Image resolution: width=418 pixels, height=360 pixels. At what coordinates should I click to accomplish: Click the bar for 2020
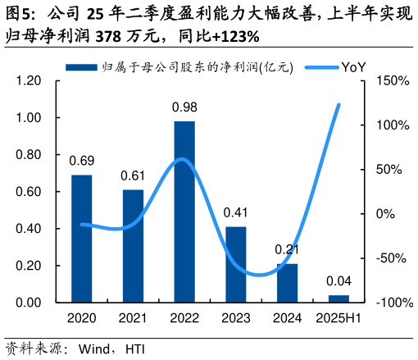(82, 239)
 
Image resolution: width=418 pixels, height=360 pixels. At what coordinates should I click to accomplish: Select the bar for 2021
(133, 246)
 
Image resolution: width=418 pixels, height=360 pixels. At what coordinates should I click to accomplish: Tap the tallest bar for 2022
(184, 212)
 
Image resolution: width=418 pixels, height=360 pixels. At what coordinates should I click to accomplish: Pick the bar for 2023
(236, 264)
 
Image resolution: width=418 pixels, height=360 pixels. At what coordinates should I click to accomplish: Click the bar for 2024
(287, 283)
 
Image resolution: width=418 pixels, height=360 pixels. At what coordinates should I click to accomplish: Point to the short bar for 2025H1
(338, 298)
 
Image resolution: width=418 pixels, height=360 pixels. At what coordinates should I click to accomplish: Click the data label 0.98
(184, 107)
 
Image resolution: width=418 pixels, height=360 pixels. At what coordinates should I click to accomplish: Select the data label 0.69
(82, 161)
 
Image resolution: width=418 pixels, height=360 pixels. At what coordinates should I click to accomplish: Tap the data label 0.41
(236, 212)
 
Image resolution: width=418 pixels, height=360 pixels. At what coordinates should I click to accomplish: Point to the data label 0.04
(338, 281)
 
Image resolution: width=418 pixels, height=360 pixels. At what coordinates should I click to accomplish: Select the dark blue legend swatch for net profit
(82, 67)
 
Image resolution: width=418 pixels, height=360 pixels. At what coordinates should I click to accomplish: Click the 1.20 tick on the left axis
(29, 81)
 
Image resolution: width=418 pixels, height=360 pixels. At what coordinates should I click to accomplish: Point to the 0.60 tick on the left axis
(29, 192)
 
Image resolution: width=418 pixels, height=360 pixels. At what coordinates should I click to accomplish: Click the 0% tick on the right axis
(385, 214)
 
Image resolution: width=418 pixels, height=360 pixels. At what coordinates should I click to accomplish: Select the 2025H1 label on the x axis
(338, 318)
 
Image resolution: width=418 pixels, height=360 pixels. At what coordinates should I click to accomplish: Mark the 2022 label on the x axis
(184, 318)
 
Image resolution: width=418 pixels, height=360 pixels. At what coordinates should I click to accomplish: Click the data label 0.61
(133, 175)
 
